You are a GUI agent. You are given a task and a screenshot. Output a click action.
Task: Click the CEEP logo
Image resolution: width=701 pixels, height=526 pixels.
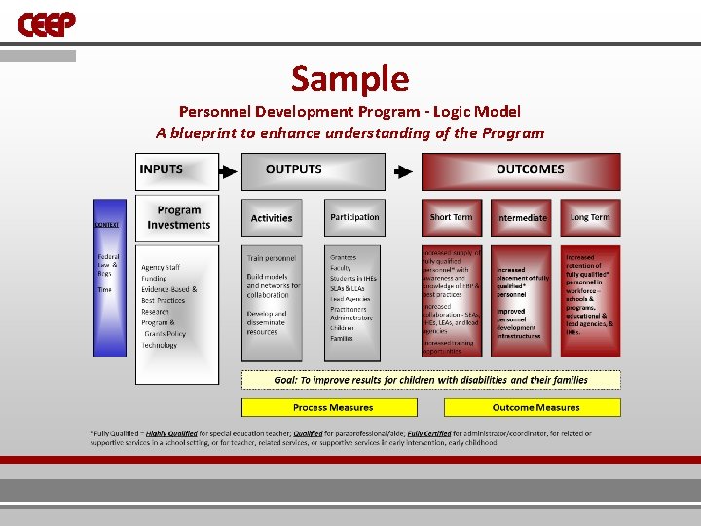(x=46, y=24)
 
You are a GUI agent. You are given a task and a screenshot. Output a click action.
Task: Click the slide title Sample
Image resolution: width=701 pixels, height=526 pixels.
(x=350, y=78)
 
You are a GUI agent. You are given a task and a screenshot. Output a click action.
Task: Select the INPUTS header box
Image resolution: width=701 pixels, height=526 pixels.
(x=176, y=170)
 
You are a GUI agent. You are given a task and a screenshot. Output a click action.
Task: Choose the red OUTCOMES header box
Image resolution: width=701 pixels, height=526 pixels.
(x=521, y=170)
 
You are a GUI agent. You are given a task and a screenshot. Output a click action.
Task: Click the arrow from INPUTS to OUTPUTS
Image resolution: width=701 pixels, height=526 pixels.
(x=227, y=171)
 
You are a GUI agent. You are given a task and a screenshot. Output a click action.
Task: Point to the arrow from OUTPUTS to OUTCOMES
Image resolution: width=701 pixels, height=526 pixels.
(x=402, y=172)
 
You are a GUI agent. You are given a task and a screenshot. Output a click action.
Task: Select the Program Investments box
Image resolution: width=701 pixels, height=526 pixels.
(x=177, y=217)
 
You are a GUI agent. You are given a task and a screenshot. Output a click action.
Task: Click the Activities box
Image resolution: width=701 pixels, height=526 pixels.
(x=272, y=218)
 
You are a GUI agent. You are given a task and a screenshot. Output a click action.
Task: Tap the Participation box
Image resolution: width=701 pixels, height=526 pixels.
(x=354, y=217)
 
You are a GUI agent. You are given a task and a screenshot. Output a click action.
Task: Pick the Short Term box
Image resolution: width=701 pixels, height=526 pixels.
(x=452, y=217)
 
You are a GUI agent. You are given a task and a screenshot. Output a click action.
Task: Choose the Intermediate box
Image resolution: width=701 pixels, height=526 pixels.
(x=522, y=218)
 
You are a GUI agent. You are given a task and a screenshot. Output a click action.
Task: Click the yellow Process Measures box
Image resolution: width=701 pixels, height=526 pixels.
(x=333, y=407)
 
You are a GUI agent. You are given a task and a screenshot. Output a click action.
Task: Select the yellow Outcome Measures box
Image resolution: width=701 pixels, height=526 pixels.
(x=533, y=407)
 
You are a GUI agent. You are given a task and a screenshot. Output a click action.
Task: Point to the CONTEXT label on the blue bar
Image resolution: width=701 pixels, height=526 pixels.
(x=107, y=225)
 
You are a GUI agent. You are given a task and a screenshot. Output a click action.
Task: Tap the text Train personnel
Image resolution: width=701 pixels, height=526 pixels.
(x=271, y=258)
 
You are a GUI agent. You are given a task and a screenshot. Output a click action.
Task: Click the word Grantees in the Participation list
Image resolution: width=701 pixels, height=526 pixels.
(x=344, y=257)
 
